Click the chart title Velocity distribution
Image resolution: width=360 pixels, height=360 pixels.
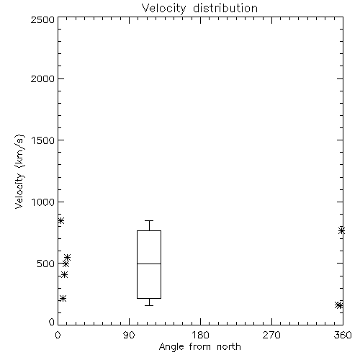(199, 9)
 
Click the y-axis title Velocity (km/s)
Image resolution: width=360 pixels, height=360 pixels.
(19, 171)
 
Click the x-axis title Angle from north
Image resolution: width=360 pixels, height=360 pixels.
(199, 347)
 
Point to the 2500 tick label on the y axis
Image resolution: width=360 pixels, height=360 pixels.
(42, 19)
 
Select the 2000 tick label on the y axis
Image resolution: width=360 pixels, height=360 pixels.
(42, 78)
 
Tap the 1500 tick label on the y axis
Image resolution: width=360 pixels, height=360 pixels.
(43, 140)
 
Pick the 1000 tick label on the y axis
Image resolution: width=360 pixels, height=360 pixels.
(43, 202)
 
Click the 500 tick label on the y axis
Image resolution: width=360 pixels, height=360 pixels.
(46, 264)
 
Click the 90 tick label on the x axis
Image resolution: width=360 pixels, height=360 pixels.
(129, 335)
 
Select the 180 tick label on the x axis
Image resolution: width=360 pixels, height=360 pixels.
(200, 335)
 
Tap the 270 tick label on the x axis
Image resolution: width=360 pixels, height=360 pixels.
(271, 335)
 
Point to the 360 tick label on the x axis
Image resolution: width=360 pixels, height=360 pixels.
(343, 335)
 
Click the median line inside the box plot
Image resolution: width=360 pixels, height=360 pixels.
(149, 264)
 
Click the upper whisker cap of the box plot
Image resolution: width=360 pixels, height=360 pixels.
(149, 220)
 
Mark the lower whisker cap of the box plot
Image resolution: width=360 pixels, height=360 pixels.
(149, 305)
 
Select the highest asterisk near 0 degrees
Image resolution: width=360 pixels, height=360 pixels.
(60, 220)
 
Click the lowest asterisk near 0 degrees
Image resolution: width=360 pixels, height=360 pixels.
(63, 299)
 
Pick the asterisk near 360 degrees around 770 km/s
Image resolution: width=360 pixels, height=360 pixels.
(341, 231)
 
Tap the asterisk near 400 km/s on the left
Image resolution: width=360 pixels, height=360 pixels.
(64, 274)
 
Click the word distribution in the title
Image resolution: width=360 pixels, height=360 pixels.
(225, 9)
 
